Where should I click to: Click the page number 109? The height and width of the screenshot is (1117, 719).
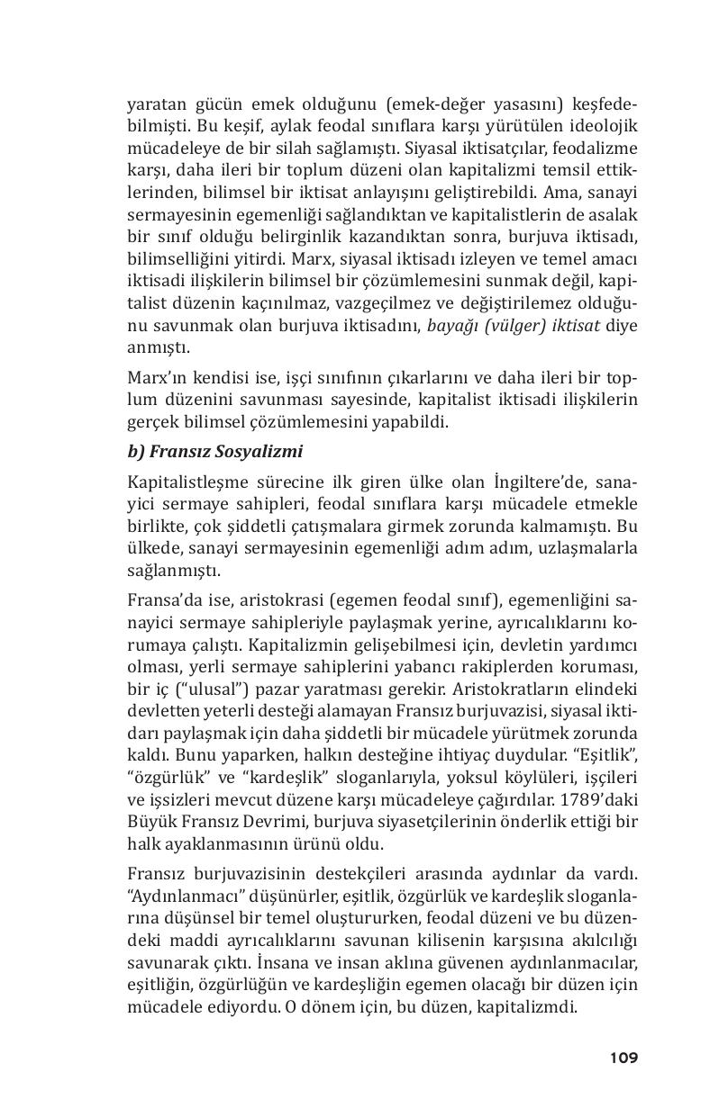(x=623, y=1058)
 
